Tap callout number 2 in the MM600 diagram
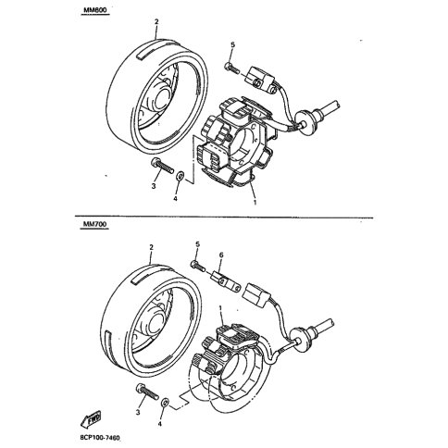156,20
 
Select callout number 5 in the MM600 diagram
232,45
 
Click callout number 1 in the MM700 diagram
220,308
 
